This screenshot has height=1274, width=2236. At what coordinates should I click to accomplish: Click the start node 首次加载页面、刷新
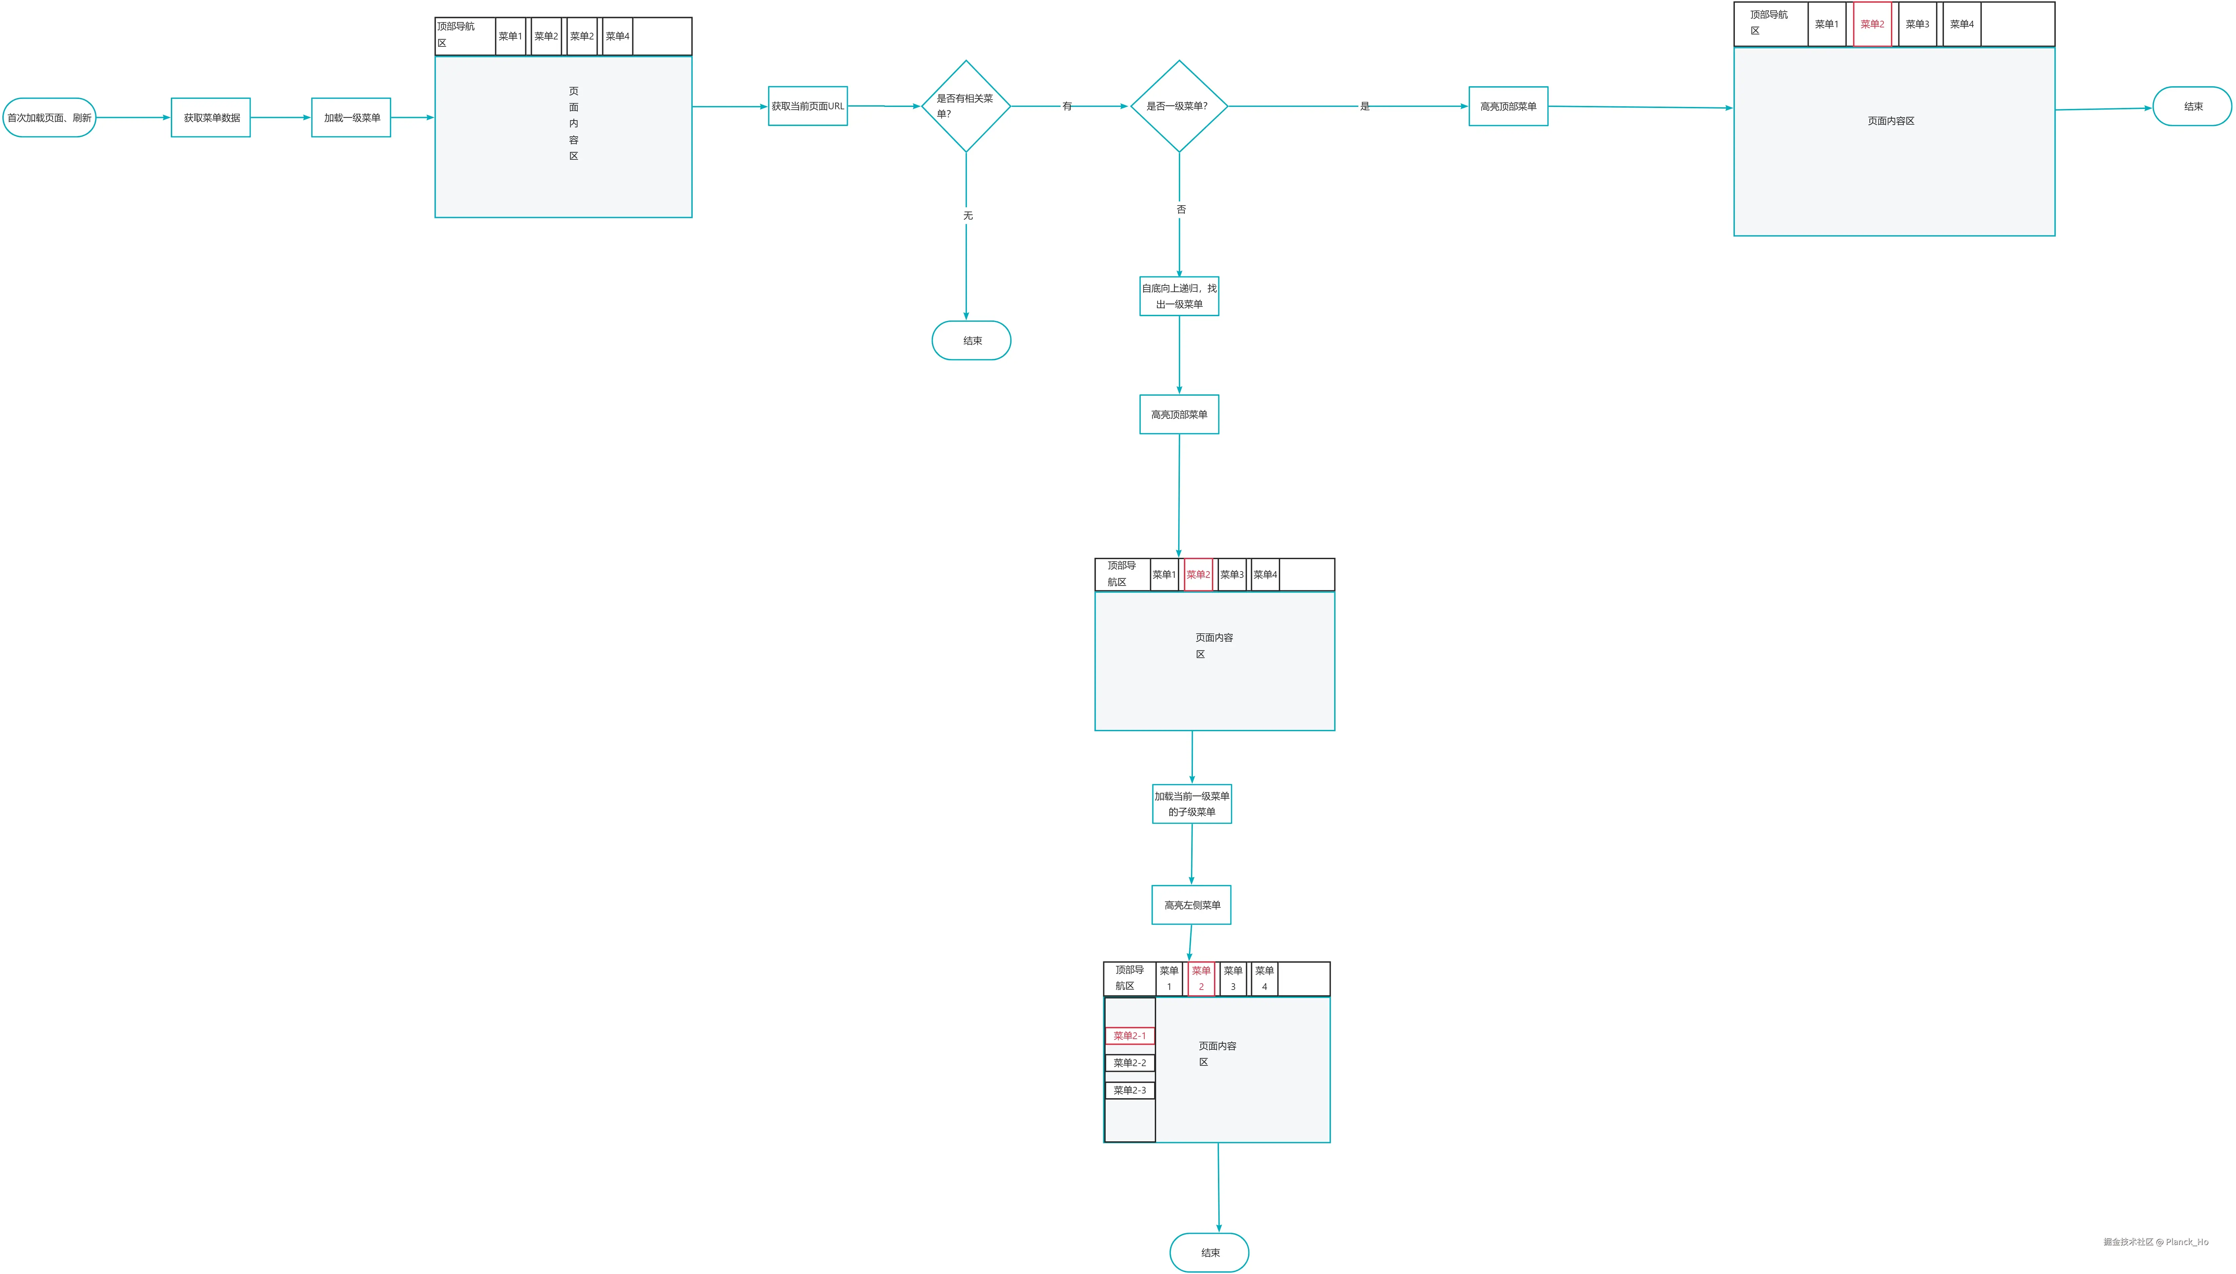click(x=49, y=117)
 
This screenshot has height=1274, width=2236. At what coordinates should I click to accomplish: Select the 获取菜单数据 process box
click(x=211, y=117)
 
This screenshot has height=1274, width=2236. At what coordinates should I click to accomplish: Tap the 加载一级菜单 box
click(x=351, y=117)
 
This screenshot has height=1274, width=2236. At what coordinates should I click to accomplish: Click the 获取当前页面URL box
click(x=807, y=106)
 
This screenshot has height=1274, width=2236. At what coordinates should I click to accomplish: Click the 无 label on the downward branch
click(x=967, y=215)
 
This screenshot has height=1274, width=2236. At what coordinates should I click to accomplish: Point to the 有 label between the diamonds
click(x=1067, y=106)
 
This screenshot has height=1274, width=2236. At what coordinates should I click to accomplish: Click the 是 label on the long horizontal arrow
click(x=1364, y=106)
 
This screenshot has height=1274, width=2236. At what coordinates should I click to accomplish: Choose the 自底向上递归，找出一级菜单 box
click(x=1179, y=296)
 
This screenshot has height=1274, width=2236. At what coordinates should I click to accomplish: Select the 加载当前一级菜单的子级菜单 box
click(x=1191, y=803)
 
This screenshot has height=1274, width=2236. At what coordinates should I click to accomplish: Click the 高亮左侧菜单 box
click(x=1191, y=905)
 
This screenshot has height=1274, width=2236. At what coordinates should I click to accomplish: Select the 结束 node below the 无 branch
click(x=972, y=340)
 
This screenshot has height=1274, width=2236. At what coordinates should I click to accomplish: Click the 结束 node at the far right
click(x=2192, y=106)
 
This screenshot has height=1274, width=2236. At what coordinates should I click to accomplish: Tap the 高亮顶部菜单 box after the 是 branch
click(x=1508, y=106)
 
